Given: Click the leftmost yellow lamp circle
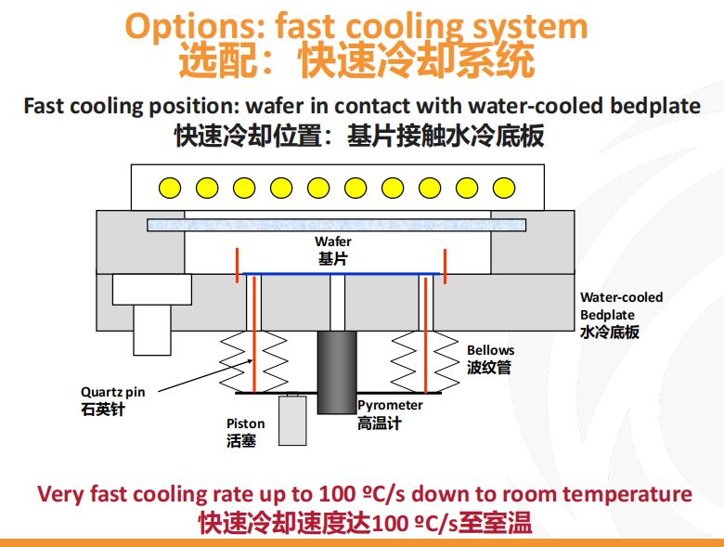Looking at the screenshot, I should pos(170,187).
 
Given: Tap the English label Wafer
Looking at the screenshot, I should pos(333,243).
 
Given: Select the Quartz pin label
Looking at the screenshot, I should pos(112,392).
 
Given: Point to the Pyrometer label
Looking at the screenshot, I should pos(390,405).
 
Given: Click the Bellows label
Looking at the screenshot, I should pos(490,350).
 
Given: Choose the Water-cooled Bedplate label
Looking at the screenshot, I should pos(621,306).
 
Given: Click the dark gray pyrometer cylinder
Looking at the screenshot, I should pos(335,371).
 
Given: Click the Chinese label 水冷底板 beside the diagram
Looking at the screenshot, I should pos(609,332).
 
